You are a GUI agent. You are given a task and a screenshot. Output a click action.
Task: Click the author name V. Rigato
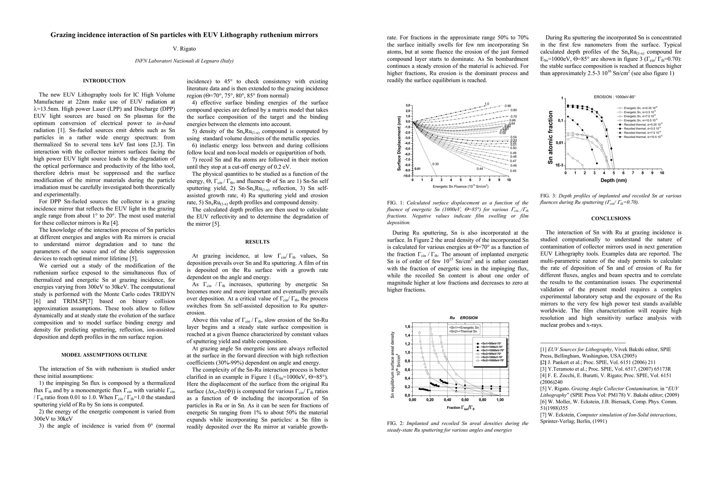pyautogui.click(x=184, y=49)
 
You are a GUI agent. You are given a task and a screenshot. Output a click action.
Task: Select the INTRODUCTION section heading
pyautogui.click(x=104, y=81)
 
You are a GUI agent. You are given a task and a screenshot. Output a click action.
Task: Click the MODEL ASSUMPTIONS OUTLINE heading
pyautogui.click(x=104, y=355)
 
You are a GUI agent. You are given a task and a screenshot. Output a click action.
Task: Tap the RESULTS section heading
pyautogui.click(x=257, y=242)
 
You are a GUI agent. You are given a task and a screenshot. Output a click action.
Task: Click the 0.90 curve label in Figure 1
pyautogui.click(x=508, y=106)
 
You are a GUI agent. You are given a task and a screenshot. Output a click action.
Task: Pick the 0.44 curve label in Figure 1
pyautogui.click(x=480, y=168)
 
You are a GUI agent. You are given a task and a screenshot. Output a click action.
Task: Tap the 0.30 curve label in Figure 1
pyautogui.click(x=436, y=164)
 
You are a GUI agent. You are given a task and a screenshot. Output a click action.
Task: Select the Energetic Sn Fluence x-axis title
pyautogui.click(x=460, y=186)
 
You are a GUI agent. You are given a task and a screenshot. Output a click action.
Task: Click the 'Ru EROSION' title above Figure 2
pyautogui.click(x=463, y=317)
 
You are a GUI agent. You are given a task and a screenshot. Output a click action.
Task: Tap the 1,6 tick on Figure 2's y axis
pyautogui.click(x=408, y=326)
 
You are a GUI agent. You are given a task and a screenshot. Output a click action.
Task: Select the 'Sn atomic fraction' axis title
pyautogui.click(x=550, y=137)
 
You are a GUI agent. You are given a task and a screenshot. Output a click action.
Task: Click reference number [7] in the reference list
pyautogui.click(x=544, y=415)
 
